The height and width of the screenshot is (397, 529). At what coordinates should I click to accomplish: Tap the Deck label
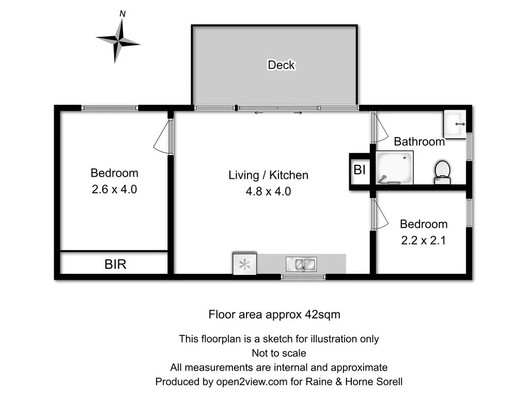pos(281,65)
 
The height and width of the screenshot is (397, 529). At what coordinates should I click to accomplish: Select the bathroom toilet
pos(442,172)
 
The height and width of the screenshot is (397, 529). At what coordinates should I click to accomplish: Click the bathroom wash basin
pos(455,124)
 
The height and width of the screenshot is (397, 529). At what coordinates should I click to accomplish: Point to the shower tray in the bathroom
pos(395,167)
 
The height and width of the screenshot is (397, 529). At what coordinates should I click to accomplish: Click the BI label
pos(360,169)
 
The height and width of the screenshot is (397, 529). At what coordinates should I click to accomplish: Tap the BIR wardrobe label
pos(115,265)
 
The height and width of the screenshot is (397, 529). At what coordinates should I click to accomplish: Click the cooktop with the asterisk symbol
pos(245,265)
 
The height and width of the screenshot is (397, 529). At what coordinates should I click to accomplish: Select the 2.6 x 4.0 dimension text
pos(114,189)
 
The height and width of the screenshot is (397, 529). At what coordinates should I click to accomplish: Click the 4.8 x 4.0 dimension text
pos(268,191)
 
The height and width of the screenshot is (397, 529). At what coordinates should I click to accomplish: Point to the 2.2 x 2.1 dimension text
pos(424,240)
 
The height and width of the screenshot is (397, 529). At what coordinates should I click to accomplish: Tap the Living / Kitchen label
pos(268,175)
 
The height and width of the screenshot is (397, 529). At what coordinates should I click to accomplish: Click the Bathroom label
pos(419,142)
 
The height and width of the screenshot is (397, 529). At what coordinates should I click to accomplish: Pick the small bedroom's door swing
pos(380,214)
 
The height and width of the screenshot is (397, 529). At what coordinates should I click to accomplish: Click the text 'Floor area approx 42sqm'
pos(274,314)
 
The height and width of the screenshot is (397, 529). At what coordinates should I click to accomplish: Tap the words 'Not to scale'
pos(279,354)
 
